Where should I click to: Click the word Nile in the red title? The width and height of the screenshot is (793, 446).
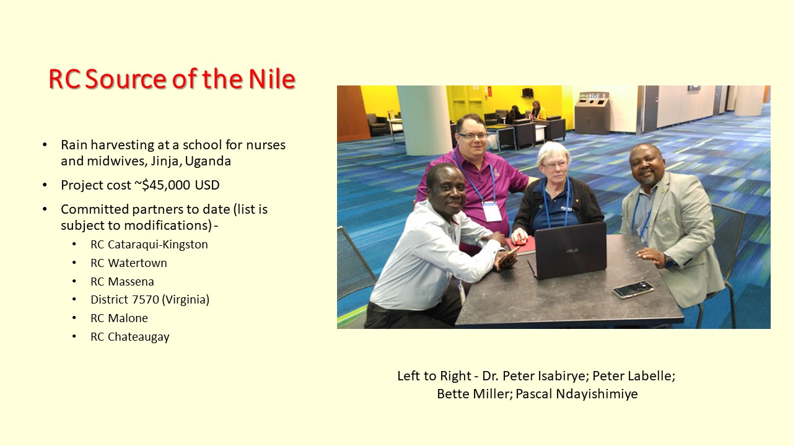(x=272, y=79)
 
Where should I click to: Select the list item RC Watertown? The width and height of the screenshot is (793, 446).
(x=128, y=263)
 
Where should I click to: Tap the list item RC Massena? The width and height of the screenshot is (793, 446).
(x=122, y=281)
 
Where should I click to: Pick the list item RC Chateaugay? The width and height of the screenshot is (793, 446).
(x=130, y=336)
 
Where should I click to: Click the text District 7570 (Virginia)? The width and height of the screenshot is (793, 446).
(x=150, y=299)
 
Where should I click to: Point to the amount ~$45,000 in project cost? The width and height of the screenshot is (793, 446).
(x=162, y=185)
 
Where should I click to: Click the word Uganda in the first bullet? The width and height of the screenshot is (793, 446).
(x=208, y=161)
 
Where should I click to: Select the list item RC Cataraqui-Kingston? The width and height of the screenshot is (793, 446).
(x=149, y=245)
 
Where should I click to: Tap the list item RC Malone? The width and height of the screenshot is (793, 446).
(x=119, y=318)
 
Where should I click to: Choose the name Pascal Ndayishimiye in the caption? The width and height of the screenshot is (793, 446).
(x=577, y=394)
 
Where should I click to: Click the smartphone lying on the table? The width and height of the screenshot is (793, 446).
(x=633, y=289)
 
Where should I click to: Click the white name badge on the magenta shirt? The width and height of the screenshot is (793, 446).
(x=493, y=211)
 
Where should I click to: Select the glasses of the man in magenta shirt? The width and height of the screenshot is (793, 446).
(x=473, y=136)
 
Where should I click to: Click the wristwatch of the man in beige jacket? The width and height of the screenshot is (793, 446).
(x=669, y=261)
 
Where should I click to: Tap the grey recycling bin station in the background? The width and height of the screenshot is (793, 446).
(x=592, y=113)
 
